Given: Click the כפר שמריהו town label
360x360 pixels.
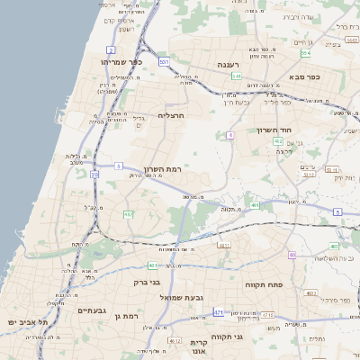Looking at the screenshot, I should pos(123,62).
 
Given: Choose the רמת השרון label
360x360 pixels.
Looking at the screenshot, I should pos(163,169).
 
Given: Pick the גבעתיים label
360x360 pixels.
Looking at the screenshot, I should pos(92,310).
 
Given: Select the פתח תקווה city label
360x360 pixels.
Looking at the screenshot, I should pos(262,283).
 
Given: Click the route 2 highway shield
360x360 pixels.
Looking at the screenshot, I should pos(111,49).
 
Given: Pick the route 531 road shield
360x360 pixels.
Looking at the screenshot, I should pos(164,61).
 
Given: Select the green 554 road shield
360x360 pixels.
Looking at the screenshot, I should pos(306,53).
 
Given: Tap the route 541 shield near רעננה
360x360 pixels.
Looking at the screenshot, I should pos(237,76).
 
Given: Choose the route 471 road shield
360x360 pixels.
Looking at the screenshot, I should pos(218,311).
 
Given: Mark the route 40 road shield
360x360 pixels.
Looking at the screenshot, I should pos(292,255).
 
